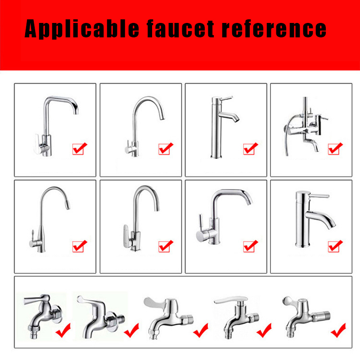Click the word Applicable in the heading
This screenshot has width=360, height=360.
[82, 28]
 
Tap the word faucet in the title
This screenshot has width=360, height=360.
[180, 28]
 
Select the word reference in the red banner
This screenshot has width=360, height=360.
[274, 28]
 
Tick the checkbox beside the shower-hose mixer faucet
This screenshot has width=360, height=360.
[335, 148]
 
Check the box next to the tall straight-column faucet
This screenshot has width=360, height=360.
[250, 148]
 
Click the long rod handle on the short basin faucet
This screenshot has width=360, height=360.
[319, 196]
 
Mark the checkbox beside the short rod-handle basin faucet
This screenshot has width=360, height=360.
[335, 246]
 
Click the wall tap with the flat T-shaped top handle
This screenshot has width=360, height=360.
[237, 317]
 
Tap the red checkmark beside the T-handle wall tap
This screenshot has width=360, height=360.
[264, 330]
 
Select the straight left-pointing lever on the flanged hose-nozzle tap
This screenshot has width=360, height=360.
[35, 300]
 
